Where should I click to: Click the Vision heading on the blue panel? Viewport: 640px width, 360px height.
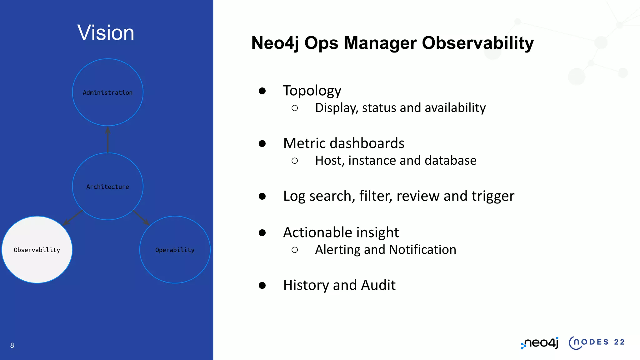coord(106,32)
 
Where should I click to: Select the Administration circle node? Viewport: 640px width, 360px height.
coord(107,92)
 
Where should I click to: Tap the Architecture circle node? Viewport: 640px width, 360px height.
coord(107,186)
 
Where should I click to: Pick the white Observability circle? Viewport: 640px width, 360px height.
coord(37,250)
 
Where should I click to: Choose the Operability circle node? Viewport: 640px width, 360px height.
coord(175,250)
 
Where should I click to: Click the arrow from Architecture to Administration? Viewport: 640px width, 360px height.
coord(108,139)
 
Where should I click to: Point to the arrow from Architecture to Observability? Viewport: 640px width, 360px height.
coord(73,217)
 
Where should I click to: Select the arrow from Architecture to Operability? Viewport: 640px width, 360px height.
coord(141,217)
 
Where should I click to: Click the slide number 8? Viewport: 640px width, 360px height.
coord(12,345)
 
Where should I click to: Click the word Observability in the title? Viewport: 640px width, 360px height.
coord(478,43)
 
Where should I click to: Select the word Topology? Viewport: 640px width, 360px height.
coord(312,91)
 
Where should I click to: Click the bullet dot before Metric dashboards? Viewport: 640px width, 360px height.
coord(262,143)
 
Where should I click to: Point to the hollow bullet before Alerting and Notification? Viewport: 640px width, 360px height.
coord(294,250)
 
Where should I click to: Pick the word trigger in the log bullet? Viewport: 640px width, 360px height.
coord(493,196)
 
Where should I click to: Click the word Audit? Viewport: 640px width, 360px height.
coord(378,285)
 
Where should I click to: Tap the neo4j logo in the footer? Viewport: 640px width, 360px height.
coord(540,343)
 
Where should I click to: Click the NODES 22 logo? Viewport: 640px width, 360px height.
coord(597,342)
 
